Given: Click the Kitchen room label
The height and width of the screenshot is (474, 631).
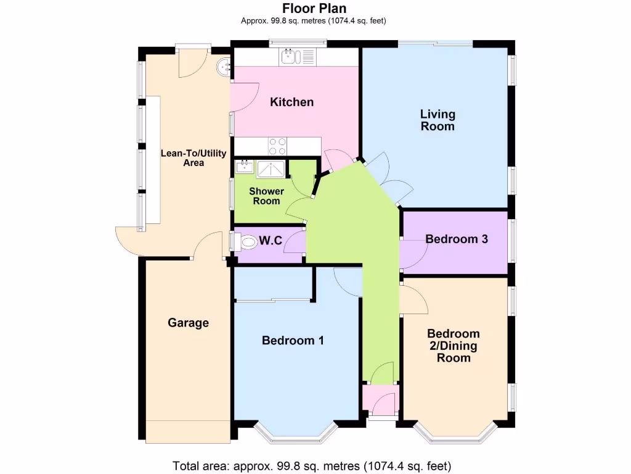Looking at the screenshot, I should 291,102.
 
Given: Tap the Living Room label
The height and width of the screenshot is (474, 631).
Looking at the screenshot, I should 438,120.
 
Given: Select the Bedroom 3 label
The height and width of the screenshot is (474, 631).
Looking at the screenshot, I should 457,239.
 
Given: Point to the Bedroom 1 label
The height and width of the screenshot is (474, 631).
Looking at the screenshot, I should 293,340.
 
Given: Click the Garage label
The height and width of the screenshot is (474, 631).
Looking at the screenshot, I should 189,323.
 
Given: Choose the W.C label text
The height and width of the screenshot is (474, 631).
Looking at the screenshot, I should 271,241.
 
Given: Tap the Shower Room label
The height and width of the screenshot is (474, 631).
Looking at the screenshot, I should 267,196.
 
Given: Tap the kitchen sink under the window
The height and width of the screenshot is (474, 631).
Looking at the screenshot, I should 289,57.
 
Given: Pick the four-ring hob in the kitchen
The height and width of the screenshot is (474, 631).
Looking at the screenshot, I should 277,146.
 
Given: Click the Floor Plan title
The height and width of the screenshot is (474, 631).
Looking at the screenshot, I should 314,9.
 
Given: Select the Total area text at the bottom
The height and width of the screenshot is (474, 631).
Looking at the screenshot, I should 312,465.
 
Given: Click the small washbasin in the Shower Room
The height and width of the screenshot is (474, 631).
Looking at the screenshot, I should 243,166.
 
